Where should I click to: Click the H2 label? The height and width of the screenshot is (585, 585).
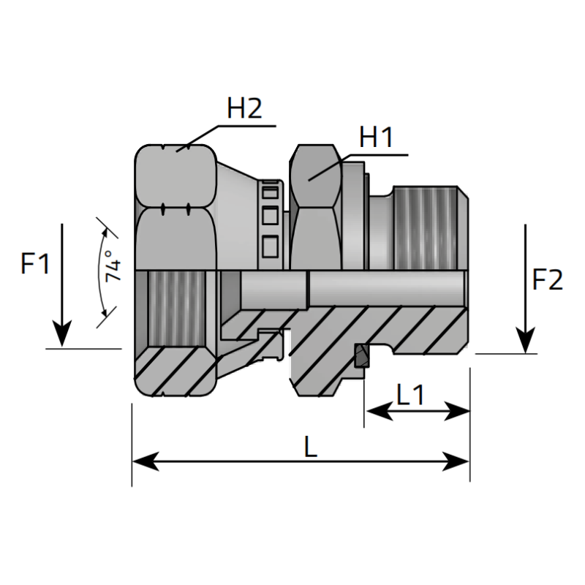coord(244,110)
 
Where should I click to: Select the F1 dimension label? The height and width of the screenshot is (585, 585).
coord(35,263)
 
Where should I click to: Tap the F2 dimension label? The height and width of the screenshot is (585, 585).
coord(548,280)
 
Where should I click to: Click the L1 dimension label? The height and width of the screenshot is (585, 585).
coord(410,395)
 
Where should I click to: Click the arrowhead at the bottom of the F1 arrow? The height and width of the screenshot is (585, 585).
coord(63,336)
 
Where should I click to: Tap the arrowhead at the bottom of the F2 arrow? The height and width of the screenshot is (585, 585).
coord(526,341)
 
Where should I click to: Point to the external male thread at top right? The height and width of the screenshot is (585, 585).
coord(428,227)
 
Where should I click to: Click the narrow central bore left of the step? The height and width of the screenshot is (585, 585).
coord(271,290)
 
